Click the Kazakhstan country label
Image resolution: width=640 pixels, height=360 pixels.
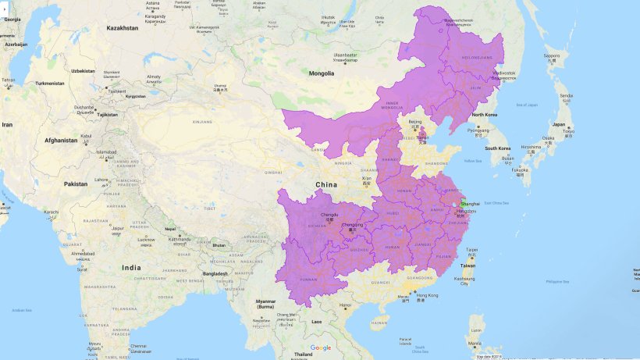click(x=123, y=28)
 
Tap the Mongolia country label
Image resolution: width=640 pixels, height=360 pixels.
click(x=322, y=73)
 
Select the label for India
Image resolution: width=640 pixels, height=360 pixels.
click(x=132, y=267)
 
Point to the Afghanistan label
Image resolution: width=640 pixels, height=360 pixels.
click(x=60, y=141)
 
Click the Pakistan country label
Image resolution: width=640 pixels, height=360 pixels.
click(x=76, y=184)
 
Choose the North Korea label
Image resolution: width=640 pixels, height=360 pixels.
click(x=485, y=116)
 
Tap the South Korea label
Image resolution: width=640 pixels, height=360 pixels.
click(x=497, y=148)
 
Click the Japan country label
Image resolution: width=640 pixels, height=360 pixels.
click(x=559, y=124)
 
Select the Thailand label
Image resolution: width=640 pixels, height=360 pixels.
click(x=303, y=354)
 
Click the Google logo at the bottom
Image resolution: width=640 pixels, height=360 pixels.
click(x=321, y=348)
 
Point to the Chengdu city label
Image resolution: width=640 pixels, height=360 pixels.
click(x=331, y=214)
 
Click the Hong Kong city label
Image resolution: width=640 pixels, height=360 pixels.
click(x=427, y=295)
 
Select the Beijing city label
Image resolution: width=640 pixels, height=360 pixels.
click(x=415, y=122)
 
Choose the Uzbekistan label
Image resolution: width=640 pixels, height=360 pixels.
click(x=83, y=71)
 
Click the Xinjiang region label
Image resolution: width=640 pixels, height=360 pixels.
click(x=202, y=123)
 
